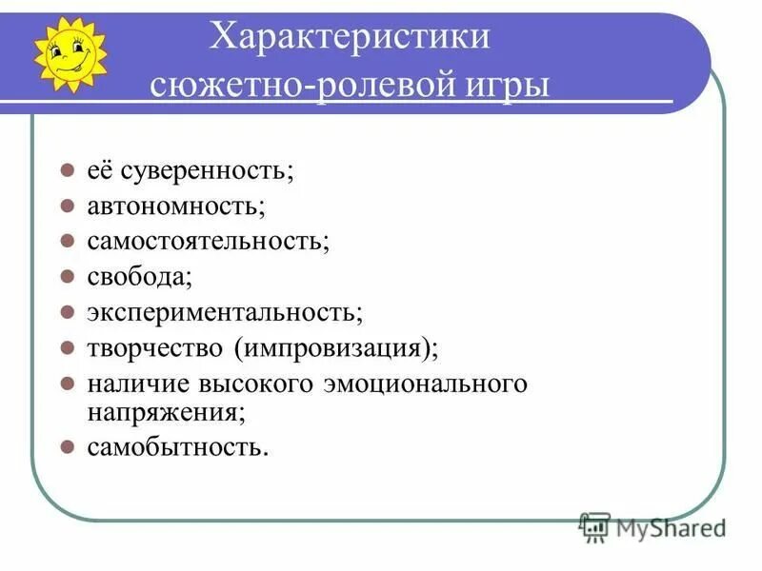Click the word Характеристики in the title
(x=351, y=40)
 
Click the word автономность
(x=175, y=206)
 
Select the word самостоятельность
(x=208, y=241)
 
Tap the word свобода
(x=138, y=276)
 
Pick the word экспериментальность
(x=224, y=311)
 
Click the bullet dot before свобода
(x=68, y=277)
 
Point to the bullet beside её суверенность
(x=68, y=171)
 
